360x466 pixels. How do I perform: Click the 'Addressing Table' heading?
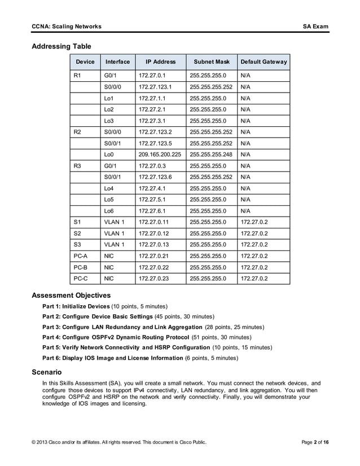62,46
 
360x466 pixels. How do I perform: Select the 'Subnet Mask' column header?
212,61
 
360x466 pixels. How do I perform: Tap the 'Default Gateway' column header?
264,61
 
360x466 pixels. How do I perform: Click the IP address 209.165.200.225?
160,154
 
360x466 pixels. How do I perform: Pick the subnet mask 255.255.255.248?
211,154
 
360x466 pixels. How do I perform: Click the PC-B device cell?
80,267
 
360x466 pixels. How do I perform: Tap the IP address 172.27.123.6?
155,177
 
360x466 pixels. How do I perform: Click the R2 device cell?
78,131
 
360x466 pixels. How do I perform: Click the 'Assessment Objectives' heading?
71,295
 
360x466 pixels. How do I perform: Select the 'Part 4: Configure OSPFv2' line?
139,337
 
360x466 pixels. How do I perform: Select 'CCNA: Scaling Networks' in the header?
67,27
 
